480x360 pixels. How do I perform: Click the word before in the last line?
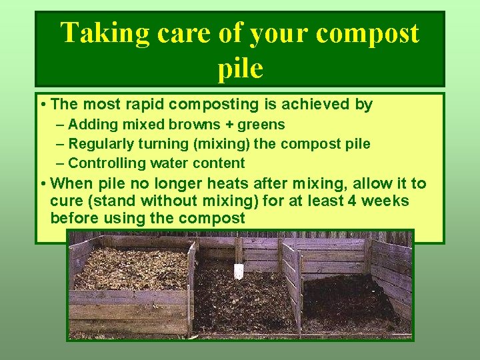coord(73,218)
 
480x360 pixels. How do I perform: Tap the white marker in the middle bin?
coord(238,271)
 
